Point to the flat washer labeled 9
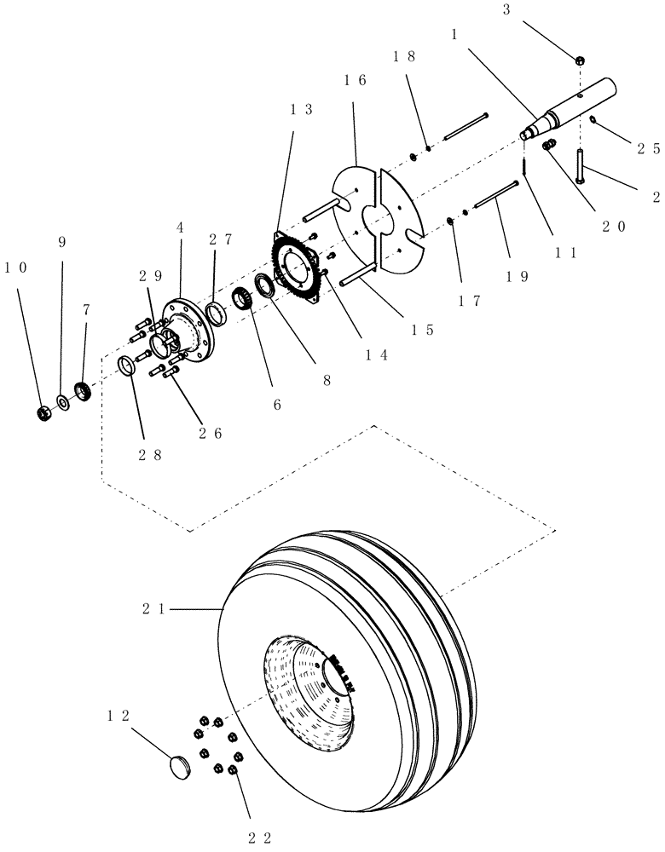[63, 401]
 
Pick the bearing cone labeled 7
[84, 391]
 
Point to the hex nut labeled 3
[579, 60]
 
